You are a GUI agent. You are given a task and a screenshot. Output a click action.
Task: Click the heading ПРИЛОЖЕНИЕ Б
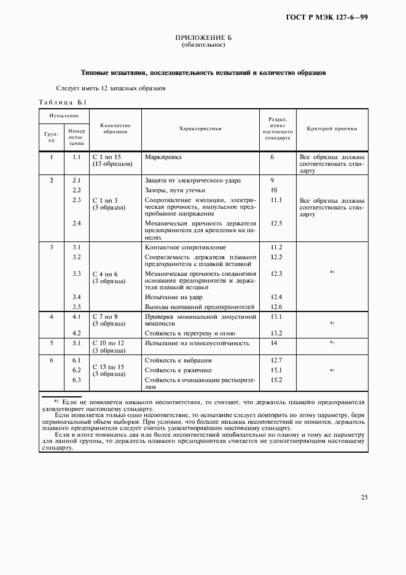pyautogui.click(x=203, y=39)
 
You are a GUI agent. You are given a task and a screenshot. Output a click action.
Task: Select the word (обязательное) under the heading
pyautogui.click(x=203, y=46)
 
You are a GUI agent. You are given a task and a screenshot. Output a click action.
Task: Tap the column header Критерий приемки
pyautogui.click(x=332, y=129)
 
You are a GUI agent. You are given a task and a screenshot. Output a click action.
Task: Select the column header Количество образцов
pyautogui.click(x=115, y=128)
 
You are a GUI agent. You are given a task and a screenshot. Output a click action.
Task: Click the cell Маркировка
pyautogui.click(x=163, y=157)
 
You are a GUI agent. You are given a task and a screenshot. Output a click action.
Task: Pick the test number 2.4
pyautogui.click(x=77, y=223)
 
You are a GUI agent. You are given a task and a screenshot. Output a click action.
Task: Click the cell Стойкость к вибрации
pyautogui.click(x=178, y=360)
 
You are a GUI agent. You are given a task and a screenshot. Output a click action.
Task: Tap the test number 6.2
pyautogui.click(x=77, y=370)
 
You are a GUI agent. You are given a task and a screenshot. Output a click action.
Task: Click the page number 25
pyautogui.click(x=364, y=497)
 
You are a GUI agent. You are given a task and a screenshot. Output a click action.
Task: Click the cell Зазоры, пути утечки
pyautogui.click(x=178, y=190)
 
